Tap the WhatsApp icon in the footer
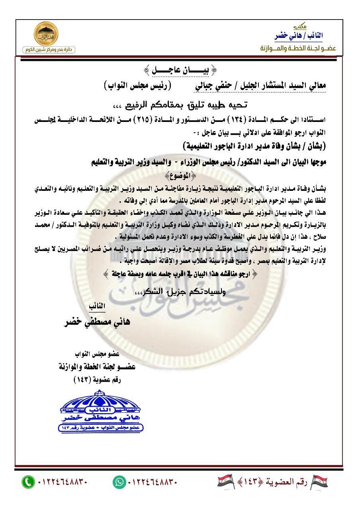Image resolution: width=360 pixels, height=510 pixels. tap(118, 482)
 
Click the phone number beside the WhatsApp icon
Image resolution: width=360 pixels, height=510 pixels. tap(152, 482)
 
